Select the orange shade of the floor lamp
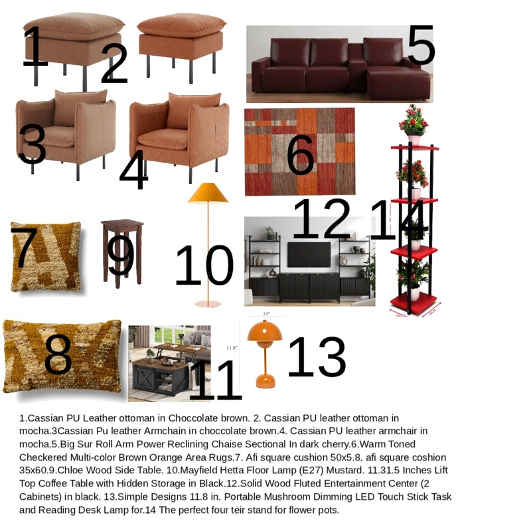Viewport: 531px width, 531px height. click(x=208, y=193)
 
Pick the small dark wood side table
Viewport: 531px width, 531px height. click(x=122, y=252)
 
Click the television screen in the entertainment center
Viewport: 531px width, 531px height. click(x=309, y=254)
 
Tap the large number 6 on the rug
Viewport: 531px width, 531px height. click(x=300, y=155)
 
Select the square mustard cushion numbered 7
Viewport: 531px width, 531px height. click(x=45, y=258)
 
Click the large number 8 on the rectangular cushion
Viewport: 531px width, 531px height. click(x=58, y=355)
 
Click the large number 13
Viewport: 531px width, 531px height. click(x=316, y=357)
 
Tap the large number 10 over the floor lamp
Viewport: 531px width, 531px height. click(x=204, y=265)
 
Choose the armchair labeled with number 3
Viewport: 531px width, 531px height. click(x=66, y=129)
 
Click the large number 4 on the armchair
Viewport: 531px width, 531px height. click(x=133, y=169)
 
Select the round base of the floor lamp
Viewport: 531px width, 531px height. click(x=208, y=303)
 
